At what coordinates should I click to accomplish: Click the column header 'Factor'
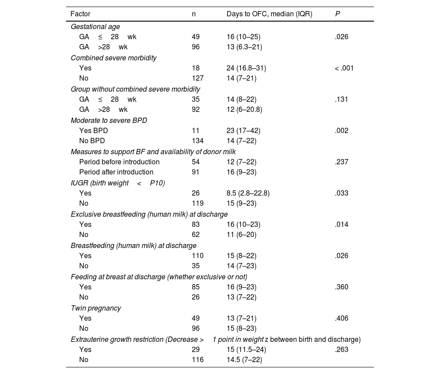[x=80, y=14]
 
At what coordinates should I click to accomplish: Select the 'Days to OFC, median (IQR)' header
[x=269, y=14]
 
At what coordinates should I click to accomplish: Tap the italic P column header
[x=337, y=14]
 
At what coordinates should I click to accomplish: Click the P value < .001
[x=344, y=68]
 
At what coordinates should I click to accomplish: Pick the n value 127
[x=198, y=78]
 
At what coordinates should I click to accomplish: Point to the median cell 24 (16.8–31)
[x=246, y=68]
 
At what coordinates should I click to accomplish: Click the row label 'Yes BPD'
[x=93, y=131]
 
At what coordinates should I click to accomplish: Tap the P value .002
[x=341, y=131]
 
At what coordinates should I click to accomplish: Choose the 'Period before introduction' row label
[x=119, y=162]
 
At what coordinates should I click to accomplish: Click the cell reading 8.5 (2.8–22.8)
[x=248, y=193]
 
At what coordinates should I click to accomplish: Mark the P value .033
[x=341, y=193]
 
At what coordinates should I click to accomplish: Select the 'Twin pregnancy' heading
[x=96, y=308]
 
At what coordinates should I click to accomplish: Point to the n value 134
[x=198, y=141]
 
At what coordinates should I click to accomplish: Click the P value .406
[x=341, y=318]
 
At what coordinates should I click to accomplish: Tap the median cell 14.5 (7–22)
[x=244, y=360]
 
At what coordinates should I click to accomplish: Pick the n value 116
[x=198, y=360]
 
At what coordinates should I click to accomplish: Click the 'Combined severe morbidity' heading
[x=114, y=58]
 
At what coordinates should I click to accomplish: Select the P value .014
[x=341, y=225]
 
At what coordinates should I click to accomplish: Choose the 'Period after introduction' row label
[x=116, y=172]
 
